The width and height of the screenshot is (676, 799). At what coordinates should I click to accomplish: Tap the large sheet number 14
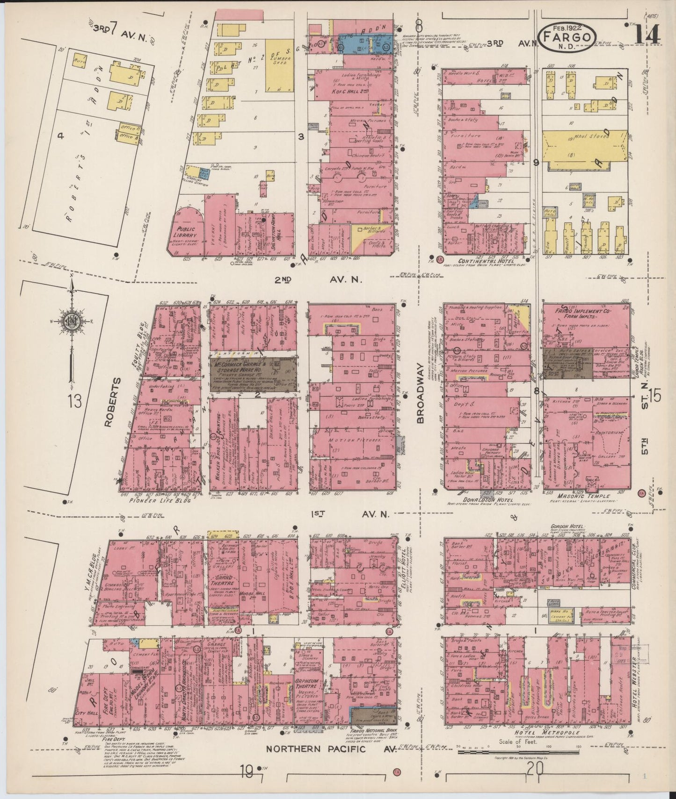coord(647,34)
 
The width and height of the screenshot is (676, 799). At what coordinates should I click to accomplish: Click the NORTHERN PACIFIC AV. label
coord(331,749)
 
